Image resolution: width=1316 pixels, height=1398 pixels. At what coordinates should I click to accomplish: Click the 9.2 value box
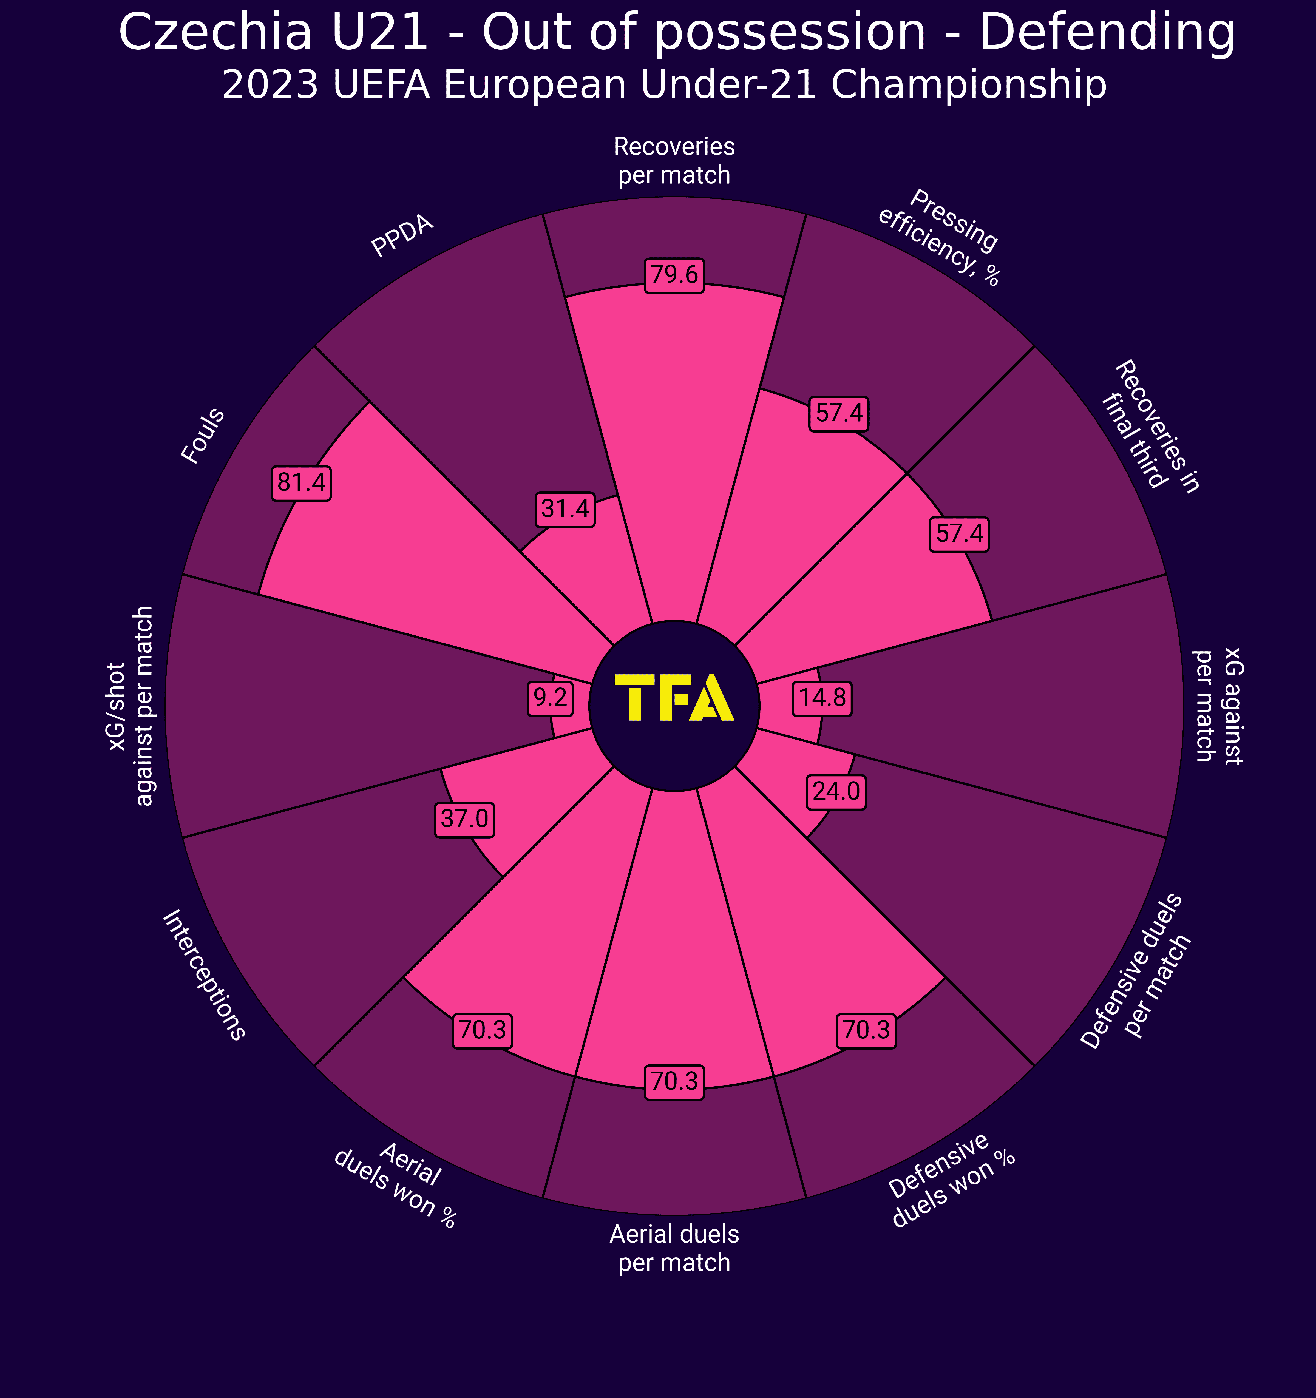coord(549,698)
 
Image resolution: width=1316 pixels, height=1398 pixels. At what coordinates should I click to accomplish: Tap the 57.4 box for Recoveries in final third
coord(959,535)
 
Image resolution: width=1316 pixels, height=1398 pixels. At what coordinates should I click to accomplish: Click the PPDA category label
coord(402,237)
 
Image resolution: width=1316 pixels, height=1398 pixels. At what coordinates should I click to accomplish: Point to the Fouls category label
coord(203,436)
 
